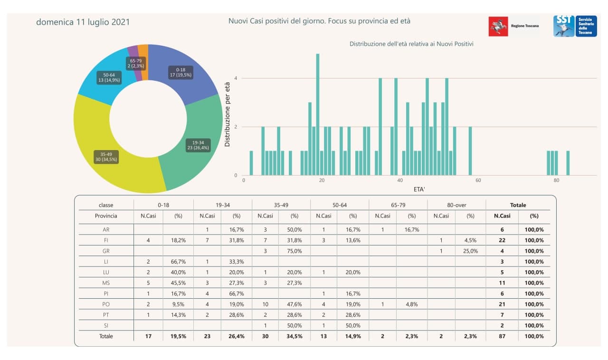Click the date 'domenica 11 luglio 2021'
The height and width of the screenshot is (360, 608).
point(83,22)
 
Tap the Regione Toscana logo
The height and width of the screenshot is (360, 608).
point(514,26)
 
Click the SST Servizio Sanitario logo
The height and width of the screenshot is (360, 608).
point(575,26)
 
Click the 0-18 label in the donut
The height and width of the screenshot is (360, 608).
point(180,73)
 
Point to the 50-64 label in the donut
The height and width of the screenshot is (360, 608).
point(109,78)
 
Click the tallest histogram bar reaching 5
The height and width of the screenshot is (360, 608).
point(318,114)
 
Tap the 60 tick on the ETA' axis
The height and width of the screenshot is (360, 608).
point(478,180)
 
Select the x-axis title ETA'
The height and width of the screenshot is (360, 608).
point(419,189)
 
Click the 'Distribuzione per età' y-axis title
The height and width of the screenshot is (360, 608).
point(228,114)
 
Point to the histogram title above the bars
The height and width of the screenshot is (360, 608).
point(411,44)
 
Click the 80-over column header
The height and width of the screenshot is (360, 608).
point(456,205)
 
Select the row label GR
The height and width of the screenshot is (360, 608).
point(106,251)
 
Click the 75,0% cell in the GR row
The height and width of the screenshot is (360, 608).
point(294,251)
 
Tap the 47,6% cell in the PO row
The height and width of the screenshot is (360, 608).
point(294,304)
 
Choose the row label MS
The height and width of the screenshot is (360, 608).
point(106,283)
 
